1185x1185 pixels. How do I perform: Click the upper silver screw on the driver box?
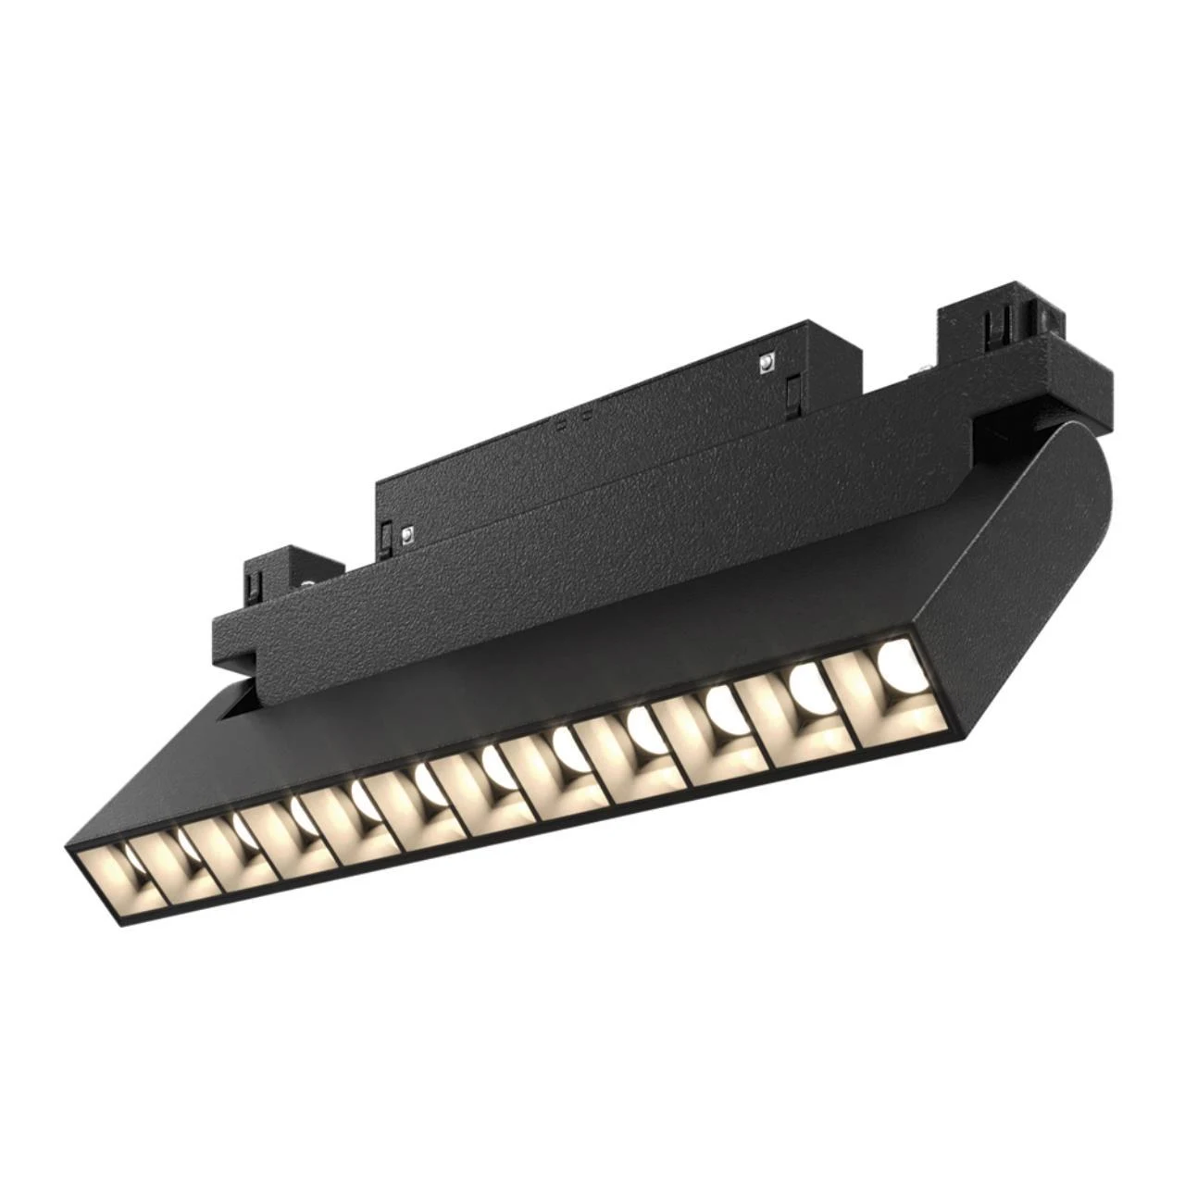[767, 363]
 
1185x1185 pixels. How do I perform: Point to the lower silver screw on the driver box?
[405, 533]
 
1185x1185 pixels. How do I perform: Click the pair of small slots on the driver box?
[574, 421]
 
